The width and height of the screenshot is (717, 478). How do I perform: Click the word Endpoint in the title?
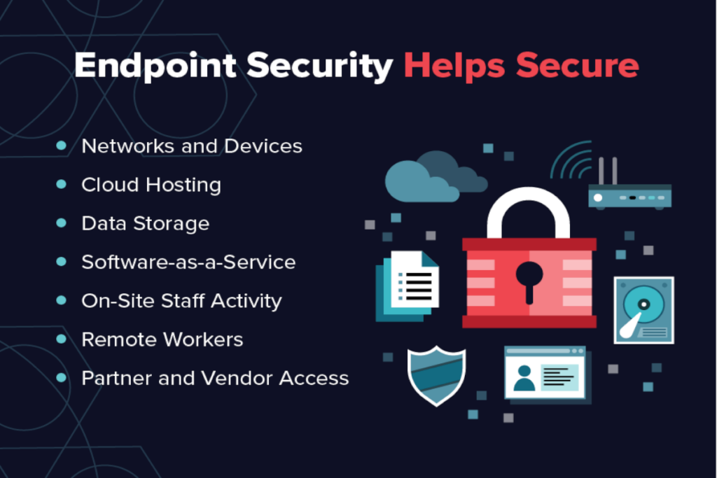tap(155, 66)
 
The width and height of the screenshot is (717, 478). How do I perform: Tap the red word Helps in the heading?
tap(454, 66)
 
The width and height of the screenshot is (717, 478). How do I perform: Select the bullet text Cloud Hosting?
tap(151, 185)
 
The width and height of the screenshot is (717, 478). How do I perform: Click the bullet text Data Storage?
tap(146, 223)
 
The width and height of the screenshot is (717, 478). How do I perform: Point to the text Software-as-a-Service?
tap(188, 262)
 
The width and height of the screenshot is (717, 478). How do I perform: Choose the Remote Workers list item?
tap(162, 339)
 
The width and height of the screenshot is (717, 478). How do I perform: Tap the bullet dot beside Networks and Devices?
tap(62, 146)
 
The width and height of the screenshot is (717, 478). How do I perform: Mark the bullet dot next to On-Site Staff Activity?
tap(62, 300)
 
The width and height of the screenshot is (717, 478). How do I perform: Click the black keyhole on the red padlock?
tap(529, 281)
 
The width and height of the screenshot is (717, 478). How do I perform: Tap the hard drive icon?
tap(644, 310)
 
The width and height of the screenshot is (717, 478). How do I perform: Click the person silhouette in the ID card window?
tap(524, 378)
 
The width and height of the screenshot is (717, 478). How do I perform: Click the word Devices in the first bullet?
tap(263, 146)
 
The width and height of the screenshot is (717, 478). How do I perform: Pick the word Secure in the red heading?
tap(577, 66)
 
